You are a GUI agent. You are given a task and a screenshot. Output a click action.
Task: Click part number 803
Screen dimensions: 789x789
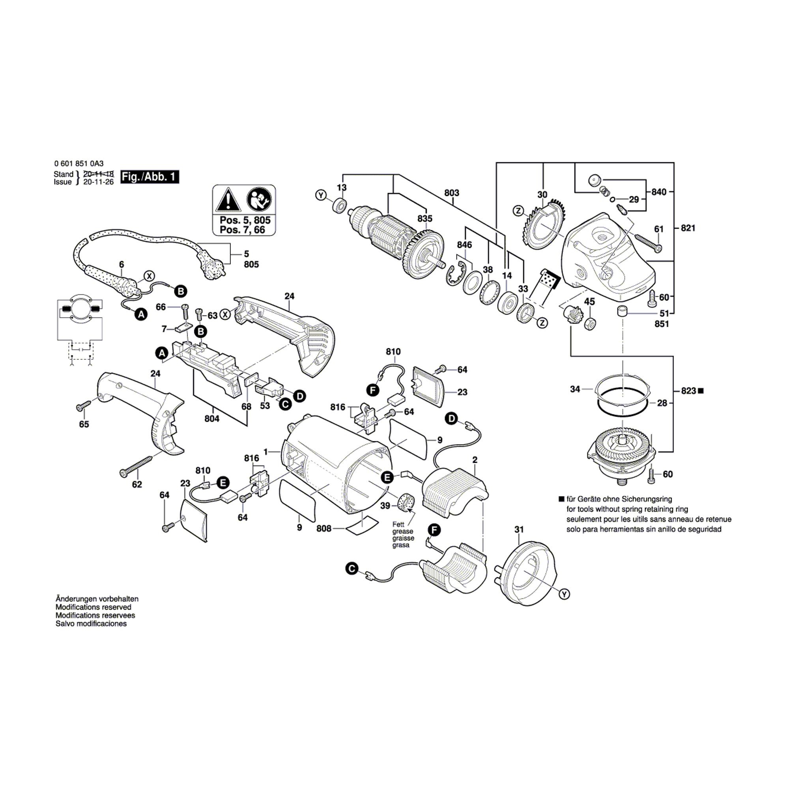452,193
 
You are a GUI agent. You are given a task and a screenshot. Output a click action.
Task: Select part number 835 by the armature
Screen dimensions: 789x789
425,219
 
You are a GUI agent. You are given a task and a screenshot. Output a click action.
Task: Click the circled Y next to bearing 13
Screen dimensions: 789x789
321,195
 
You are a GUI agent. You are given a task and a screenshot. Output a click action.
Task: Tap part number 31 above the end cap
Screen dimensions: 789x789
519,530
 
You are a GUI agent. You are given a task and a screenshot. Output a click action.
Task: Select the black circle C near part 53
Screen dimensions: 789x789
285,404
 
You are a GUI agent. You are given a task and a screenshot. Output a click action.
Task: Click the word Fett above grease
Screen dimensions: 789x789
398,524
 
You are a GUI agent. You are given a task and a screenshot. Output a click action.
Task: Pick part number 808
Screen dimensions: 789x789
324,529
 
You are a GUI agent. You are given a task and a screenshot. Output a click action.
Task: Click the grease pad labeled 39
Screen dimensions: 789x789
406,501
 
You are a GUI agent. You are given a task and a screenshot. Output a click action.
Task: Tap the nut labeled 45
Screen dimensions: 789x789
590,324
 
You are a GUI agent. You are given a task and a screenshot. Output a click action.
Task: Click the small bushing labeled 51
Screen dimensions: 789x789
622,311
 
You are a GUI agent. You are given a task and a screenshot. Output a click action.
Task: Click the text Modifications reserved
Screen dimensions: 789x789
93,607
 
